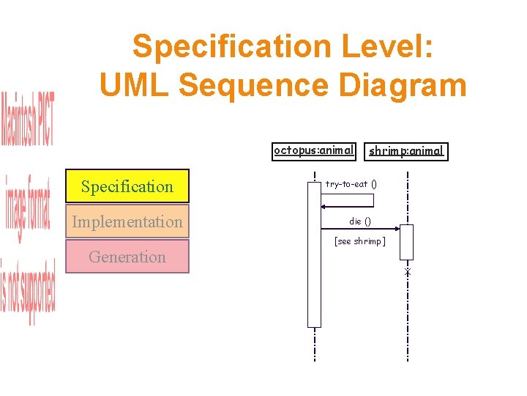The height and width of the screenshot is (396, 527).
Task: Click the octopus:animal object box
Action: (313, 151)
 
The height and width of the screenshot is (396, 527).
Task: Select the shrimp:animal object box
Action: (405, 152)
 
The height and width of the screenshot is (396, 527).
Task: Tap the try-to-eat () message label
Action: (351, 184)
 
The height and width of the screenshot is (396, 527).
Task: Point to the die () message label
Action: (360, 221)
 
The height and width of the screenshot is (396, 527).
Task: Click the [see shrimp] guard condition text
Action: (359, 241)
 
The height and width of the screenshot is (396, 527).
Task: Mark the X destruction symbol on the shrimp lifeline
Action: (408, 273)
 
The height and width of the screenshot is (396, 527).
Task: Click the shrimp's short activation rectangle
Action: (407, 242)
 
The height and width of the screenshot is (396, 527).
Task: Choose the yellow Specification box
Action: (127, 186)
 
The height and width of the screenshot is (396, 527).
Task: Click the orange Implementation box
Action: (127, 221)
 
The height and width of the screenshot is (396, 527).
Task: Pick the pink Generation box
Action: (127, 257)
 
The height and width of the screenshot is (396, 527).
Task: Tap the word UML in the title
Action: (135, 85)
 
